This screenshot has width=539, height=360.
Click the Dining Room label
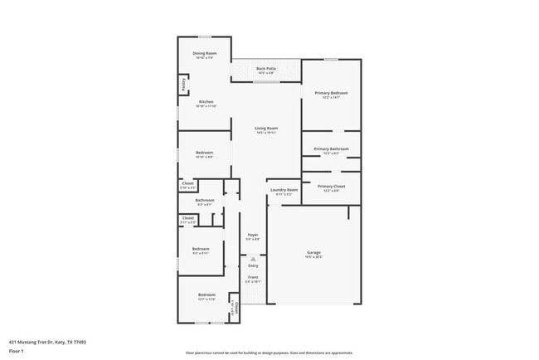click(205, 53)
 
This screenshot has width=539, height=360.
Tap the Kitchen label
click(205, 102)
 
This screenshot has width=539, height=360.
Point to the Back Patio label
click(265, 68)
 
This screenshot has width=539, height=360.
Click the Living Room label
click(265, 128)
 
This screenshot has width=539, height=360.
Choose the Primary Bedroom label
click(331, 93)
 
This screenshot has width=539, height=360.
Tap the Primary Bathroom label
click(331, 149)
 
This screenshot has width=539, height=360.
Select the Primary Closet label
click(331, 187)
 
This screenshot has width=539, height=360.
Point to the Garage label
click(313, 252)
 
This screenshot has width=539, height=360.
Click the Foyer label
click(253, 235)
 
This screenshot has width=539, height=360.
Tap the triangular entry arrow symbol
click(253, 258)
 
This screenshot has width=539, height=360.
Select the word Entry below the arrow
click(253, 265)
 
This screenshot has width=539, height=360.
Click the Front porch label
click(253, 277)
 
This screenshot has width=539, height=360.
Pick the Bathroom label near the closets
click(205, 200)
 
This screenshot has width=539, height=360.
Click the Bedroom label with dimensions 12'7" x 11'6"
click(206, 295)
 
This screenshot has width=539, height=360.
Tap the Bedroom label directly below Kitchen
click(204, 153)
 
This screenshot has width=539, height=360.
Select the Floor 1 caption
click(17, 351)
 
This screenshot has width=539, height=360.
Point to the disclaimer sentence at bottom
click(269, 352)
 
